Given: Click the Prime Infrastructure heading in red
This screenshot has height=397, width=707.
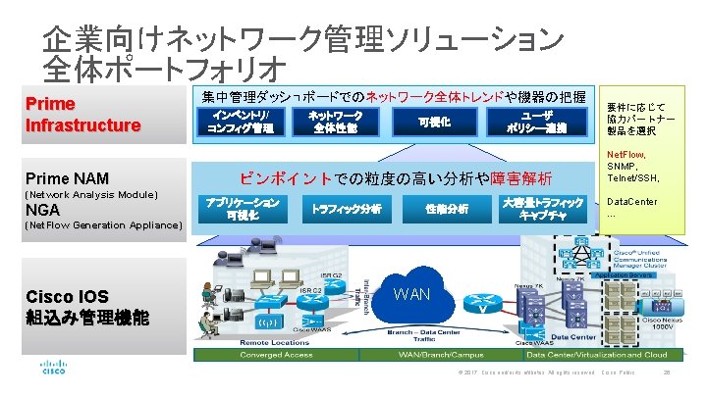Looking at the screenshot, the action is [82, 115].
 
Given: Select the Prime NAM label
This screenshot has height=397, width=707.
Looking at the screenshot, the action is [68, 178].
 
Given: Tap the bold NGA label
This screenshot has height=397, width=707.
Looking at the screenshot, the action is [42, 210].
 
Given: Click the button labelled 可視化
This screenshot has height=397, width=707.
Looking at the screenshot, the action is [434, 122].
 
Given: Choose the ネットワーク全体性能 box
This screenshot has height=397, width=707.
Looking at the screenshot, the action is [335, 122].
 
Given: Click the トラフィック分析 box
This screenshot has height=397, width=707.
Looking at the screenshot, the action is [346, 208].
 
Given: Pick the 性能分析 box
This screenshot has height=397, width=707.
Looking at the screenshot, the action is [447, 208].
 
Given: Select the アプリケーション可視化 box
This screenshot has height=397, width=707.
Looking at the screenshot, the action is [243, 208].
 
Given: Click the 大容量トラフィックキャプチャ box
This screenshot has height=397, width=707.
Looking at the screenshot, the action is [542, 208].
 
